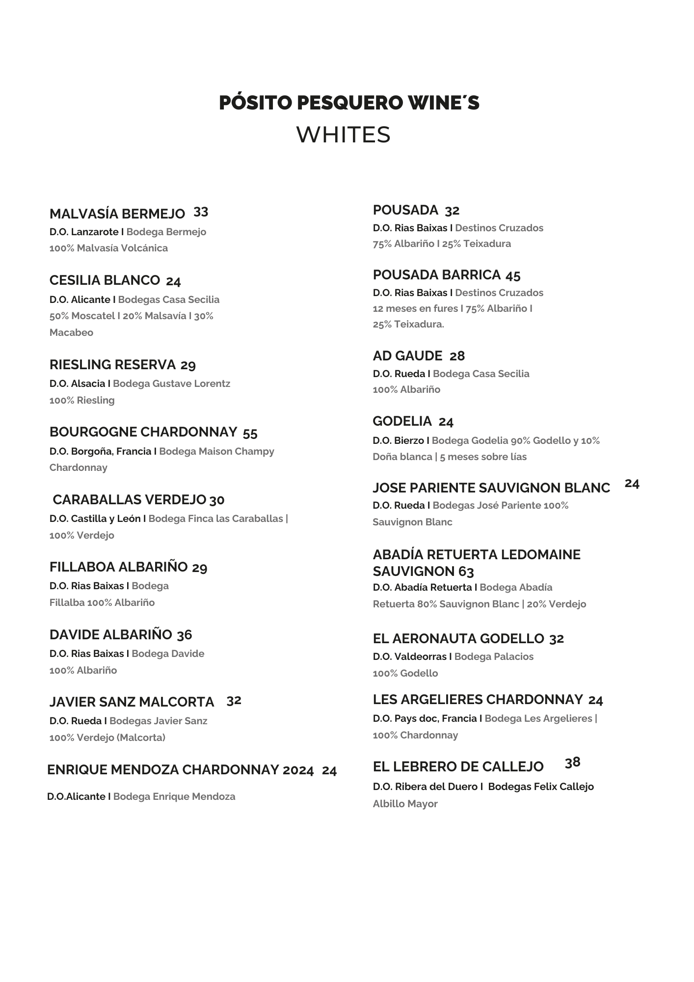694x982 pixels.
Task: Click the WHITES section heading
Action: tap(343, 135)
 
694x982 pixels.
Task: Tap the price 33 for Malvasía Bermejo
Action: tap(201, 212)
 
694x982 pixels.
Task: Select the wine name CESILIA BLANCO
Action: tap(105, 280)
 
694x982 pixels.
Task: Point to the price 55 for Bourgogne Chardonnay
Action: tap(250, 433)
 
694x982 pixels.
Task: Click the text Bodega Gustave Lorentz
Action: tap(171, 383)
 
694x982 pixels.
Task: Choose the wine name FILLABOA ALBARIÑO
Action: tap(118, 567)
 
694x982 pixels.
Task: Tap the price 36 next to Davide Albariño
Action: tap(184, 635)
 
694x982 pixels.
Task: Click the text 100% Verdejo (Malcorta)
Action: tap(107, 737)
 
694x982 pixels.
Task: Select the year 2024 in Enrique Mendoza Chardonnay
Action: tap(298, 770)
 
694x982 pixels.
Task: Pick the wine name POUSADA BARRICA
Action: tap(436, 275)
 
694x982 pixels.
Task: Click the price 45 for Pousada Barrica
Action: tap(512, 276)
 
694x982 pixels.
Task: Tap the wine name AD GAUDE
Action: tap(407, 356)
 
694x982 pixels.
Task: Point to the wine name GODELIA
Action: tap(402, 421)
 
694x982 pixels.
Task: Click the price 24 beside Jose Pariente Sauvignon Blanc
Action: tap(632, 484)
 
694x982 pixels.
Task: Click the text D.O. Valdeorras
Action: tap(409, 656)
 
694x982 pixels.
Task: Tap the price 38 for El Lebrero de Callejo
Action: tap(572, 763)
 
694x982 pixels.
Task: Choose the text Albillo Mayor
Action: tap(405, 804)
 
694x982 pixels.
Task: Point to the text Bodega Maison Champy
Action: tap(216, 451)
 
